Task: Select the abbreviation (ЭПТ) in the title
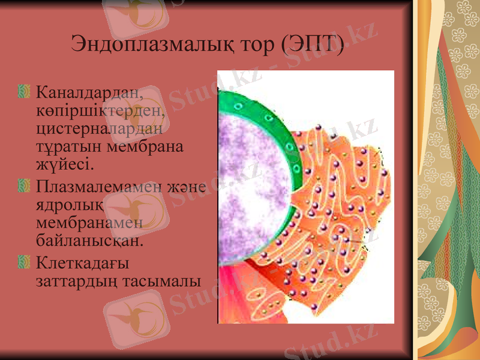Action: coord(313,44)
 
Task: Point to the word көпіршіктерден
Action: coord(100,110)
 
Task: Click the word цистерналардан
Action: coord(99,128)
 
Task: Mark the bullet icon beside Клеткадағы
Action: coord(24,263)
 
